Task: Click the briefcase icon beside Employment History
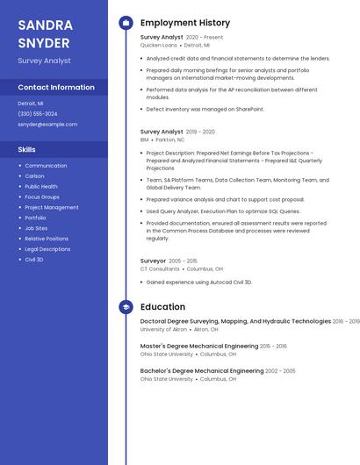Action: [x=126, y=23]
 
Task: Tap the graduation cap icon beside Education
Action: [x=126, y=307]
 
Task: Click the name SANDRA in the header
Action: [x=46, y=25]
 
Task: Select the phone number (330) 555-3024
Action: [x=38, y=113]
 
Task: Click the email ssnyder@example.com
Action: [x=47, y=124]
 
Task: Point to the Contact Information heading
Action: [x=56, y=88]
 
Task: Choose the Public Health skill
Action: [x=41, y=187]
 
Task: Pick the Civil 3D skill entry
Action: [x=34, y=260]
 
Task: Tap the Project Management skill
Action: [x=52, y=208]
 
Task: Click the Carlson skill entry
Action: [x=34, y=176]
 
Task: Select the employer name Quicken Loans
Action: [x=158, y=45]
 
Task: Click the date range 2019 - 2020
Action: [x=200, y=132]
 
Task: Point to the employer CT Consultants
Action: [x=160, y=269]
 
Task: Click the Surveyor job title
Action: [x=153, y=261]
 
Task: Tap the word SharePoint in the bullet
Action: [x=249, y=110]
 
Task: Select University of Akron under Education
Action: [x=163, y=329]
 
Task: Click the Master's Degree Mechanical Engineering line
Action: [x=199, y=347]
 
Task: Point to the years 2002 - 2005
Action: [x=280, y=371]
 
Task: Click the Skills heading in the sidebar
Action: [x=27, y=150]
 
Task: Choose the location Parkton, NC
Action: [x=170, y=139]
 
